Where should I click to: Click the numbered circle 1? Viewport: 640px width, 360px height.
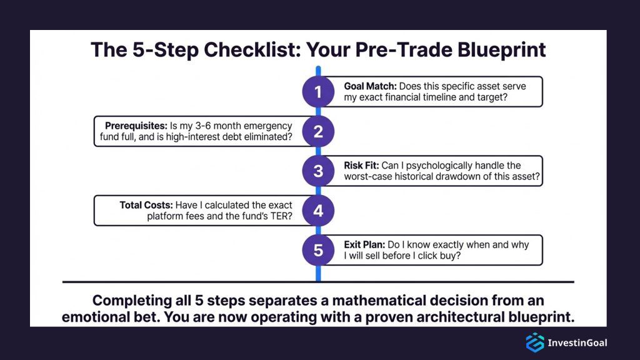click(x=318, y=92)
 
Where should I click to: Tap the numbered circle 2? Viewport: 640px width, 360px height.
click(x=318, y=131)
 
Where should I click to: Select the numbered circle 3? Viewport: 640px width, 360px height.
click(x=318, y=171)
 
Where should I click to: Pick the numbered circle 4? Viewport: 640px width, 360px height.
click(x=318, y=211)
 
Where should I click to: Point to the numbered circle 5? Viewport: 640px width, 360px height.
click(x=318, y=250)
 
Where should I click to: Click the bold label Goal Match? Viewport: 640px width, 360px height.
click(x=369, y=86)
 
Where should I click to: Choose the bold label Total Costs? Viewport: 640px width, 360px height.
click(x=146, y=205)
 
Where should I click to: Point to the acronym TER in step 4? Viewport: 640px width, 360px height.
click(x=280, y=216)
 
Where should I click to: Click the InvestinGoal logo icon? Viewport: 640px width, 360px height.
click(x=534, y=342)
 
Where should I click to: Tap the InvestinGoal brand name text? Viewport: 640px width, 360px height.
click(x=577, y=342)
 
